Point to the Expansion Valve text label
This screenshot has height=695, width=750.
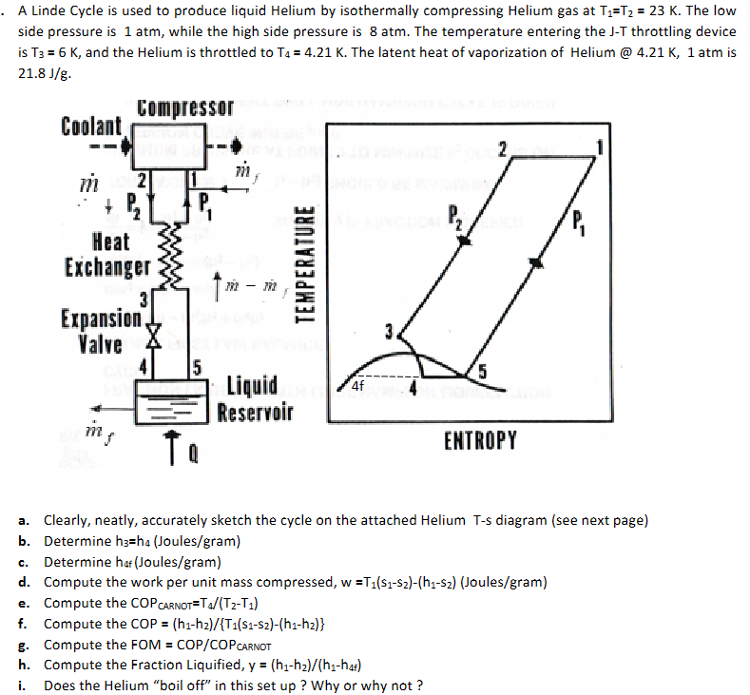click(101, 329)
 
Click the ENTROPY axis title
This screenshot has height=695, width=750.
click(480, 440)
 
